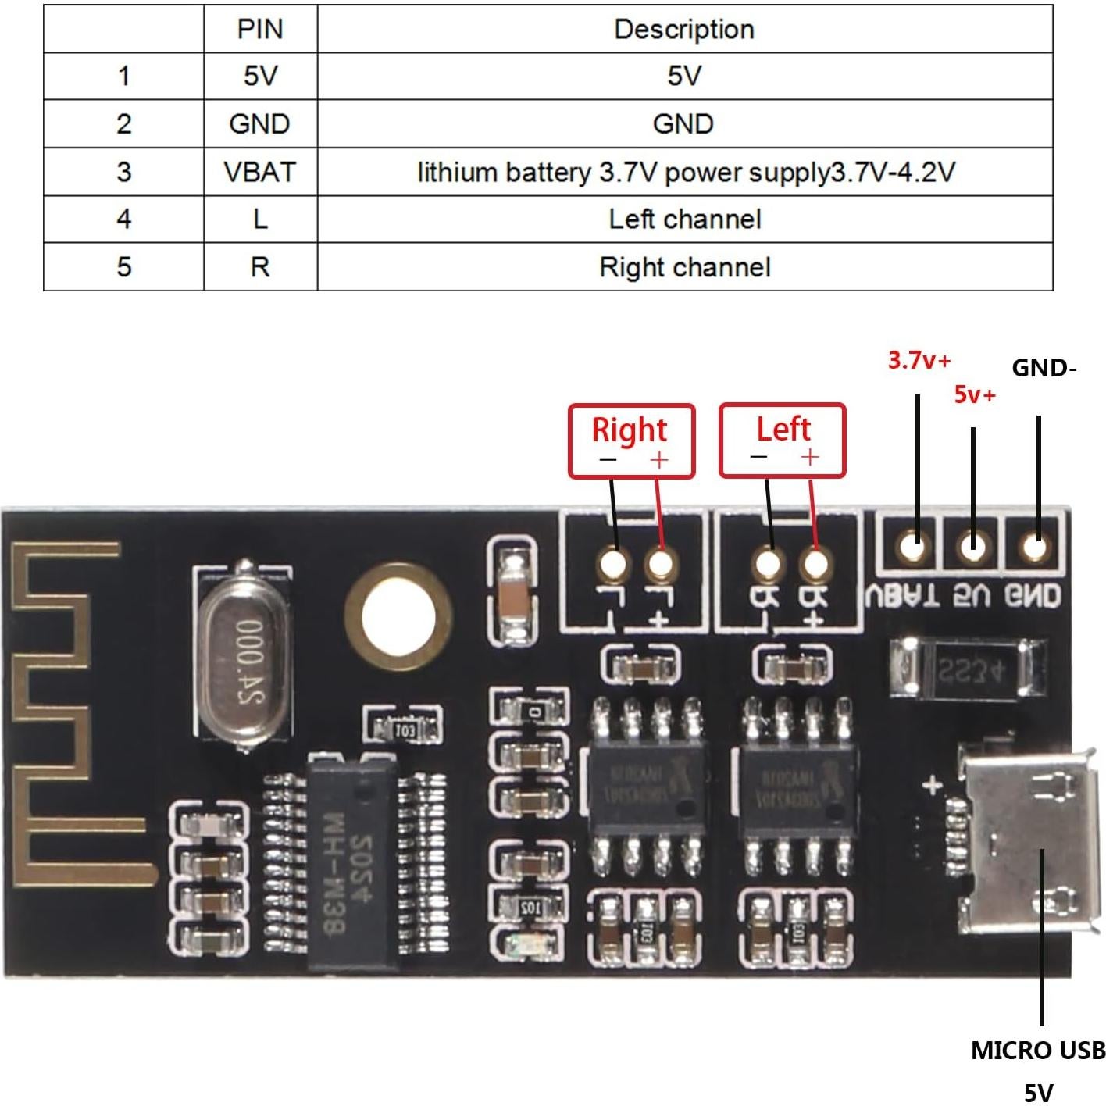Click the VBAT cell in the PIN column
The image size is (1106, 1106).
point(260,172)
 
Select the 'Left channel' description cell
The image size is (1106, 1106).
point(685,219)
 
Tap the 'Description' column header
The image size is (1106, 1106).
point(684,30)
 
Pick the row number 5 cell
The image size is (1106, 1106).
point(123,267)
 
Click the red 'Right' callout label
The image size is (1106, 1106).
point(630,430)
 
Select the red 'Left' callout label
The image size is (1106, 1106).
point(783,430)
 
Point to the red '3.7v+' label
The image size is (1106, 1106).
point(919,361)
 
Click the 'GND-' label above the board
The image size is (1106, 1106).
point(1044,368)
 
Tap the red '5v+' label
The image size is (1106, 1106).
point(975,395)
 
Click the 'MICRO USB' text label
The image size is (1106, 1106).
point(1037,1051)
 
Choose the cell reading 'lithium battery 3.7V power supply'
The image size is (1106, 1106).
point(685,172)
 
